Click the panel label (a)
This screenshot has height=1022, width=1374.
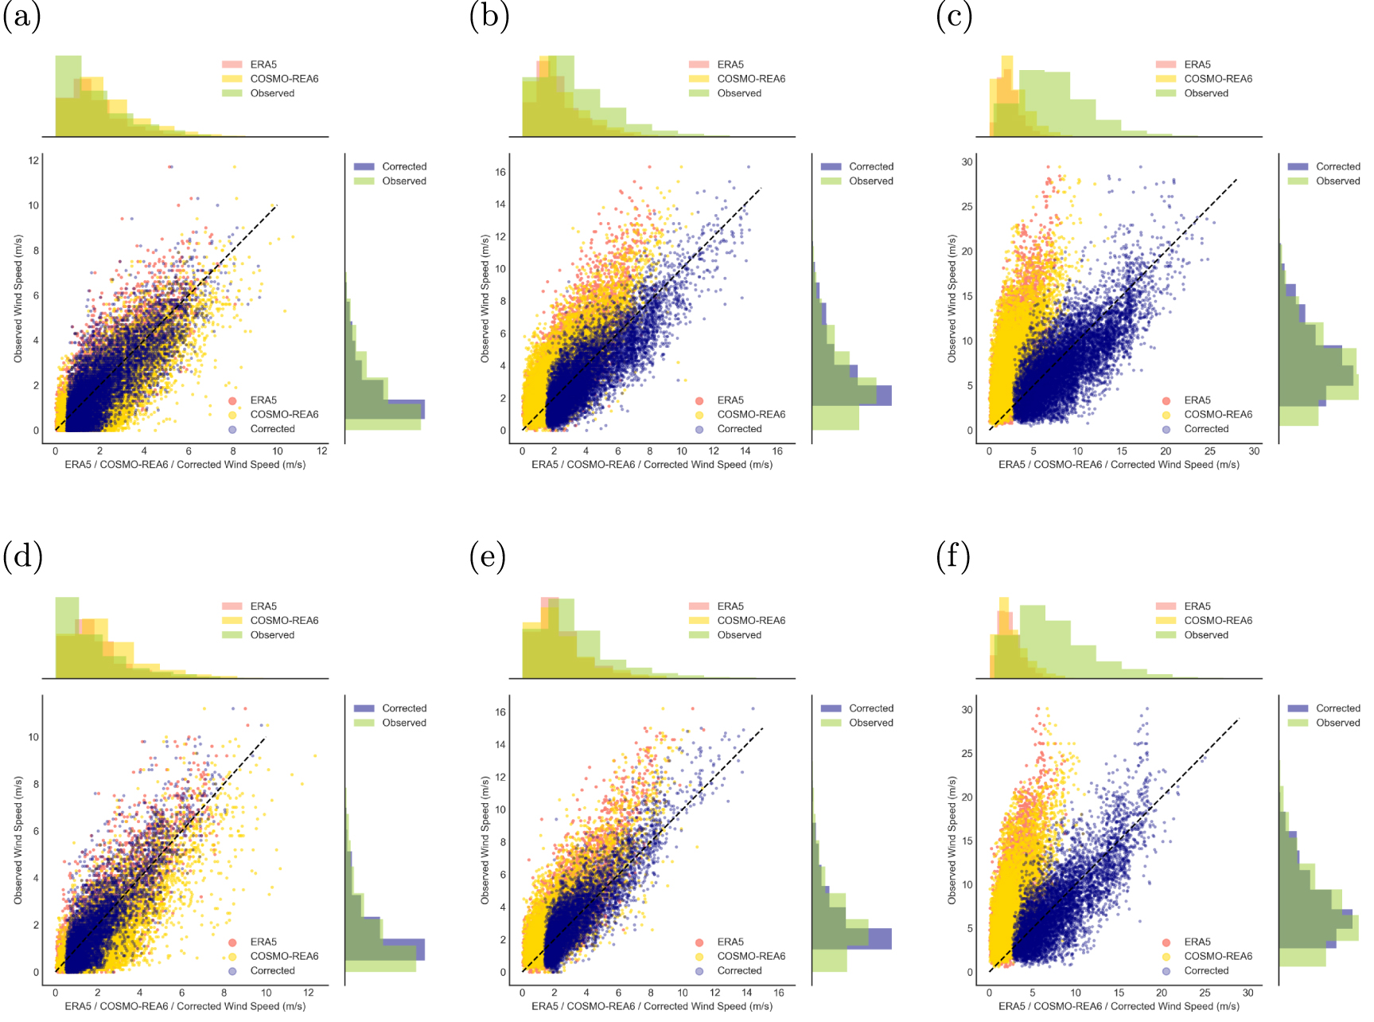[x=21, y=16]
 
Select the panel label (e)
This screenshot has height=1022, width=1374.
[x=488, y=557]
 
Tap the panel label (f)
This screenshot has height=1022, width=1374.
[x=953, y=557]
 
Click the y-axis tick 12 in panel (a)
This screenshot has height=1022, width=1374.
[x=33, y=161]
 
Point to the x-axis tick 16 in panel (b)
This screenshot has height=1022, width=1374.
[x=777, y=451]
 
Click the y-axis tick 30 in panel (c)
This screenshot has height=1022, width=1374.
[x=967, y=162]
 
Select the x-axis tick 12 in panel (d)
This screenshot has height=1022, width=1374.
[x=309, y=993]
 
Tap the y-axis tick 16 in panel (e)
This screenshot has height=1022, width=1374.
[x=500, y=712]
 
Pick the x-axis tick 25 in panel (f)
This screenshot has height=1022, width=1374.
[x=1205, y=993]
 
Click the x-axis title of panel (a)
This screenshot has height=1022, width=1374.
[x=185, y=465]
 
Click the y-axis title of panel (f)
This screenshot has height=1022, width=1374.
[x=952, y=841]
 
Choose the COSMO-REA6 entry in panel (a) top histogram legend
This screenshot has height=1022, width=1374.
[x=284, y=79]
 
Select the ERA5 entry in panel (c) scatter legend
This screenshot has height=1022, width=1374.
[x=1197, y=400]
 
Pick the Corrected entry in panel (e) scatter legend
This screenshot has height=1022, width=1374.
[x=739, y=971]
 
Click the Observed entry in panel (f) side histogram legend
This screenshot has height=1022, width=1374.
[x=1337, y=723]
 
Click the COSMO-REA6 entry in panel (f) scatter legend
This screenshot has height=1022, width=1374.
[x=1217, y=957]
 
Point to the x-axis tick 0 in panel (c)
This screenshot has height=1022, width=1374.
[x=989, y=451]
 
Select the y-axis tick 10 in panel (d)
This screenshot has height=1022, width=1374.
[x=33, y=737]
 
